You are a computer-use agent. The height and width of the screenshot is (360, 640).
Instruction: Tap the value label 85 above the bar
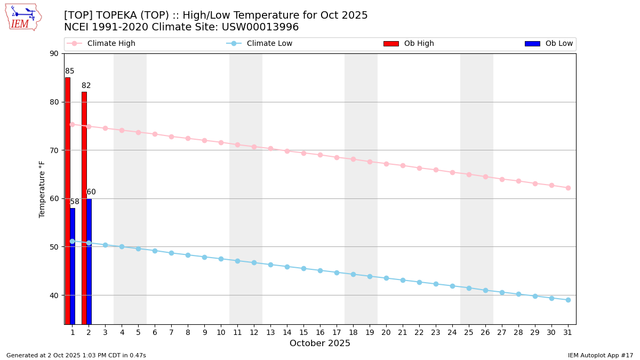(x=70, y=71)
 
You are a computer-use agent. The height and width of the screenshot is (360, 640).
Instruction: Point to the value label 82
(x=86, y=86)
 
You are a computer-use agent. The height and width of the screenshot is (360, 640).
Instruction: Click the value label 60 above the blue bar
(x=91, y=192)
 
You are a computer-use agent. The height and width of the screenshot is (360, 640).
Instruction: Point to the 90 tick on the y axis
(x=54, y=53)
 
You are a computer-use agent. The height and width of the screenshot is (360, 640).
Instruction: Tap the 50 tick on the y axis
(x=54, y=247)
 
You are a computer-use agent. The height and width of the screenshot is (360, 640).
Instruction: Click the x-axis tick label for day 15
(x=303, y=332)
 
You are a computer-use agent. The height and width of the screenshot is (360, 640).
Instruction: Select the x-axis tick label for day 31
(x=568, y=332)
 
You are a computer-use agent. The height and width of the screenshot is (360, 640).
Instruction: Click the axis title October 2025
(x=320, y=343)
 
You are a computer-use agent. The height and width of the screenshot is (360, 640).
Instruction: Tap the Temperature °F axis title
(x=42, y=189)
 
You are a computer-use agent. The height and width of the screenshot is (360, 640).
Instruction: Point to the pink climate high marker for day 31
(x=568, y=188)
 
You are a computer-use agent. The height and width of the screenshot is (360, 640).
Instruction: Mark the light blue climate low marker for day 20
(x=386, y=278)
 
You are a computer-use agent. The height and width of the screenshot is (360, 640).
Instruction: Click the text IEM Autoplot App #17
(x=601, y=355)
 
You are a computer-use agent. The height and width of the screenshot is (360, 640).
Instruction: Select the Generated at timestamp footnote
(x=76, y=355)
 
